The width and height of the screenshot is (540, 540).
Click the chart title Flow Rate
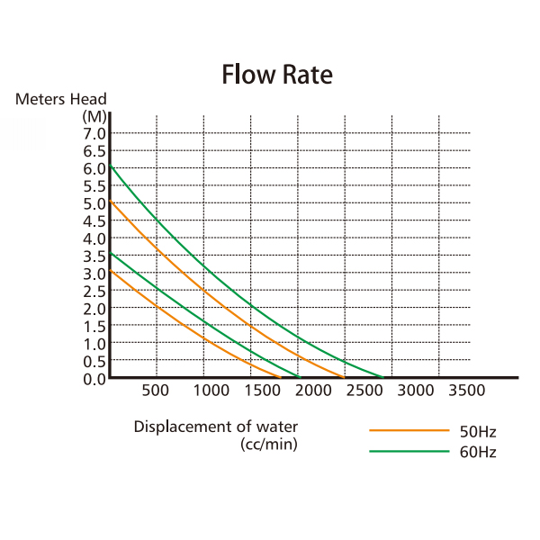[x=277, y=75]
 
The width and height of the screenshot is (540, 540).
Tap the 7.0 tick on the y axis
[x=95, y=134]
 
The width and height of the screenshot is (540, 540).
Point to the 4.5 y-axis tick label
[x=95, y=220]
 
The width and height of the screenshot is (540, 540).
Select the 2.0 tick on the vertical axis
[x=95, y=308]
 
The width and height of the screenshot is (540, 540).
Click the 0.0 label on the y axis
[x=95, y=378]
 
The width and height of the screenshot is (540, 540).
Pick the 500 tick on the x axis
[x=156, y=391]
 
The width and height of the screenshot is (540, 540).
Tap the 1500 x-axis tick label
[x=260, y=391]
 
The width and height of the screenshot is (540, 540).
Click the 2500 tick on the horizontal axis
[x=364, y=391]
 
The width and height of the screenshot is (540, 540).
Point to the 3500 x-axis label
[x=466, y=391]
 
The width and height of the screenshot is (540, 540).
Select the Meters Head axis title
[x=61, y=99]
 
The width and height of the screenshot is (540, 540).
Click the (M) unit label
[x=94, y=116]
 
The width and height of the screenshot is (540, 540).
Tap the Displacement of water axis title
[x=215, y=427]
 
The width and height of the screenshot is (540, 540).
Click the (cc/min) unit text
[x=269, y=443]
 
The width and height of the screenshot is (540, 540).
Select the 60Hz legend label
[x=477, y=452]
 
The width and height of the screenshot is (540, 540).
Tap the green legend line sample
[x=409, y=450]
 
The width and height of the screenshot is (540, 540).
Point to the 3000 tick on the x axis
[x=415, y=391]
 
